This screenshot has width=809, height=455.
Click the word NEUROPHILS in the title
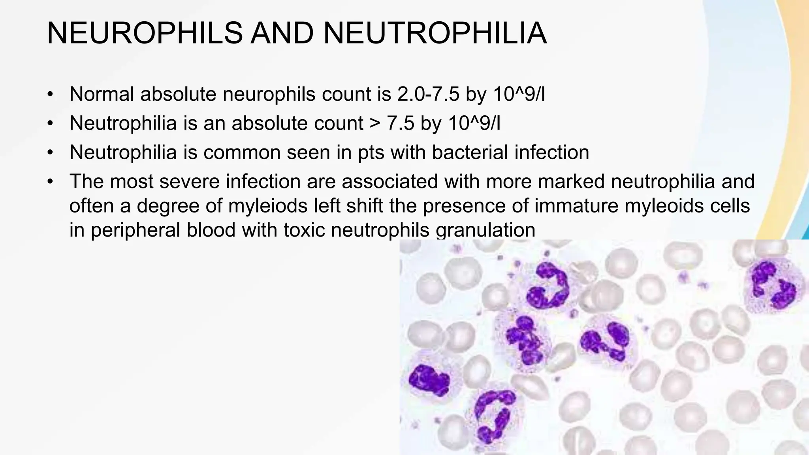(145, 34)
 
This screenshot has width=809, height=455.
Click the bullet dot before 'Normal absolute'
(49, 94)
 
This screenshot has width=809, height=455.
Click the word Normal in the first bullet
(102, 94)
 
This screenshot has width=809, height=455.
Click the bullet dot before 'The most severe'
(49, 182)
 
